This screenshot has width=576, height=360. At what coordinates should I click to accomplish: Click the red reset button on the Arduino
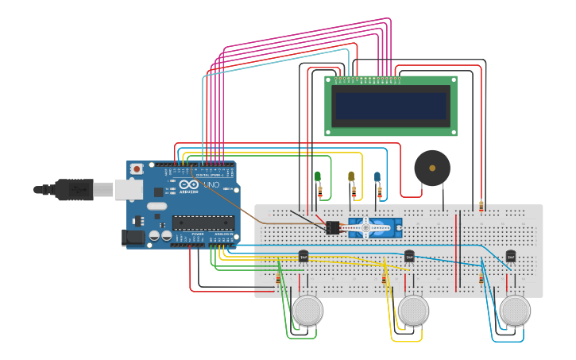coord(137,168)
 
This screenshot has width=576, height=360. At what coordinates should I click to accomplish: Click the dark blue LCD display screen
coord(391,106)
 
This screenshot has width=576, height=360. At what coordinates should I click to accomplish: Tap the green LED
coord(317,176)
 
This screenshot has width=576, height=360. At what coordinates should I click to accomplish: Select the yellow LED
coord(351,176)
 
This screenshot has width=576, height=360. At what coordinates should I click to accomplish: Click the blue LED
coord(377,176)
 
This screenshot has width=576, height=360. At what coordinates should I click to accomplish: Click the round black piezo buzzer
coord(432,168)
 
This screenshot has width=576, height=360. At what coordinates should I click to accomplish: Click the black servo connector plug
coord(333,227)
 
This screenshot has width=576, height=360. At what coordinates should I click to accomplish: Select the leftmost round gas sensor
coord(307,310)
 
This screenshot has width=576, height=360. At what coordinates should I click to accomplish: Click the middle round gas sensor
coord(413,310)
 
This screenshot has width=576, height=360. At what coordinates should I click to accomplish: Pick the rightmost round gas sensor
coord(515,310)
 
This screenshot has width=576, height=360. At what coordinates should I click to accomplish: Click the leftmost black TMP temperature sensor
coord(303,256)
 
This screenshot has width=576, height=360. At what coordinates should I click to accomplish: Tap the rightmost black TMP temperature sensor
coord(510,256)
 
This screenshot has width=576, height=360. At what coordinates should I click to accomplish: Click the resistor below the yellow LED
coord(354,192)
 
